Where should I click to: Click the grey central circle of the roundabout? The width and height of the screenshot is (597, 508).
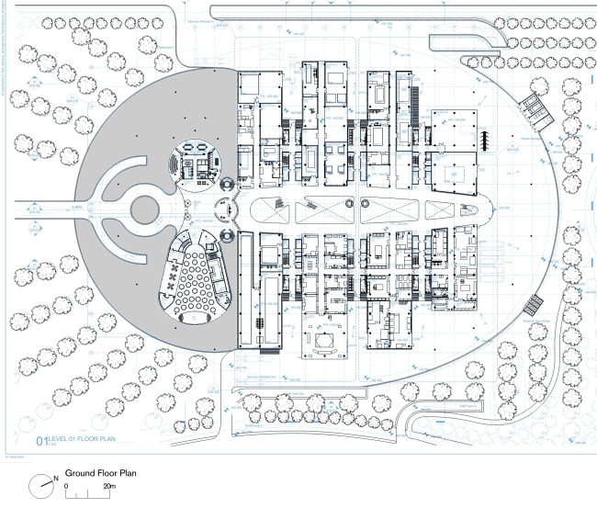(x=144, y=209)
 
